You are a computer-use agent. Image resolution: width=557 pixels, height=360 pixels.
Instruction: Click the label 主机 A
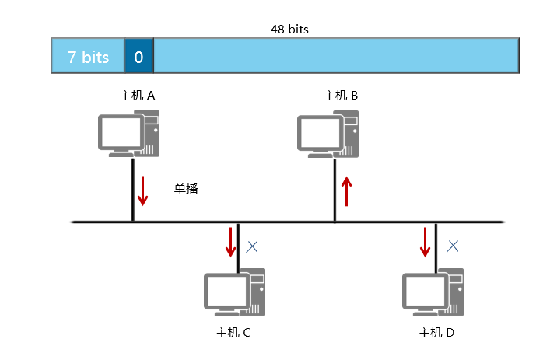coord(137,96)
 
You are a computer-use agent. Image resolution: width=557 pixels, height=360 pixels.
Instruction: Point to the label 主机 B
coord(340,96)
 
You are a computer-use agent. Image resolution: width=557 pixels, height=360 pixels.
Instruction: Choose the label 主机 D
coord(436,333)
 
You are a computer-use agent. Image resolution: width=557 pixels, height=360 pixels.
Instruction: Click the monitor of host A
coord(119,132)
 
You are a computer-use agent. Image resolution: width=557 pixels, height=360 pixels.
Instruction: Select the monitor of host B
coord(318,132)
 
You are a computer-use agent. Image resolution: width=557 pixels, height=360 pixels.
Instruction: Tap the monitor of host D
coord(424,292)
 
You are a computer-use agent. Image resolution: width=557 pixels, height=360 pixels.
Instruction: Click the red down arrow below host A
coord(142,191)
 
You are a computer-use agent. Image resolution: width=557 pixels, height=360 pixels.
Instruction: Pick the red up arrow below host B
coord(347,191)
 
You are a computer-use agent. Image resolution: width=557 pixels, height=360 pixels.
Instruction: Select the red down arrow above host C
coord(230,242)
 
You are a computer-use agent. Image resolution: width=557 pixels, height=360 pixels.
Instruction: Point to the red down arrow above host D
coord(425,242)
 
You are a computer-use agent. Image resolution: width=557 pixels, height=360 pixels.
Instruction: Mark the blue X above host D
coord(452,246)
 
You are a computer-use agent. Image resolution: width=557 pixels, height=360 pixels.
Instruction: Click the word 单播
coord(187,187)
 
